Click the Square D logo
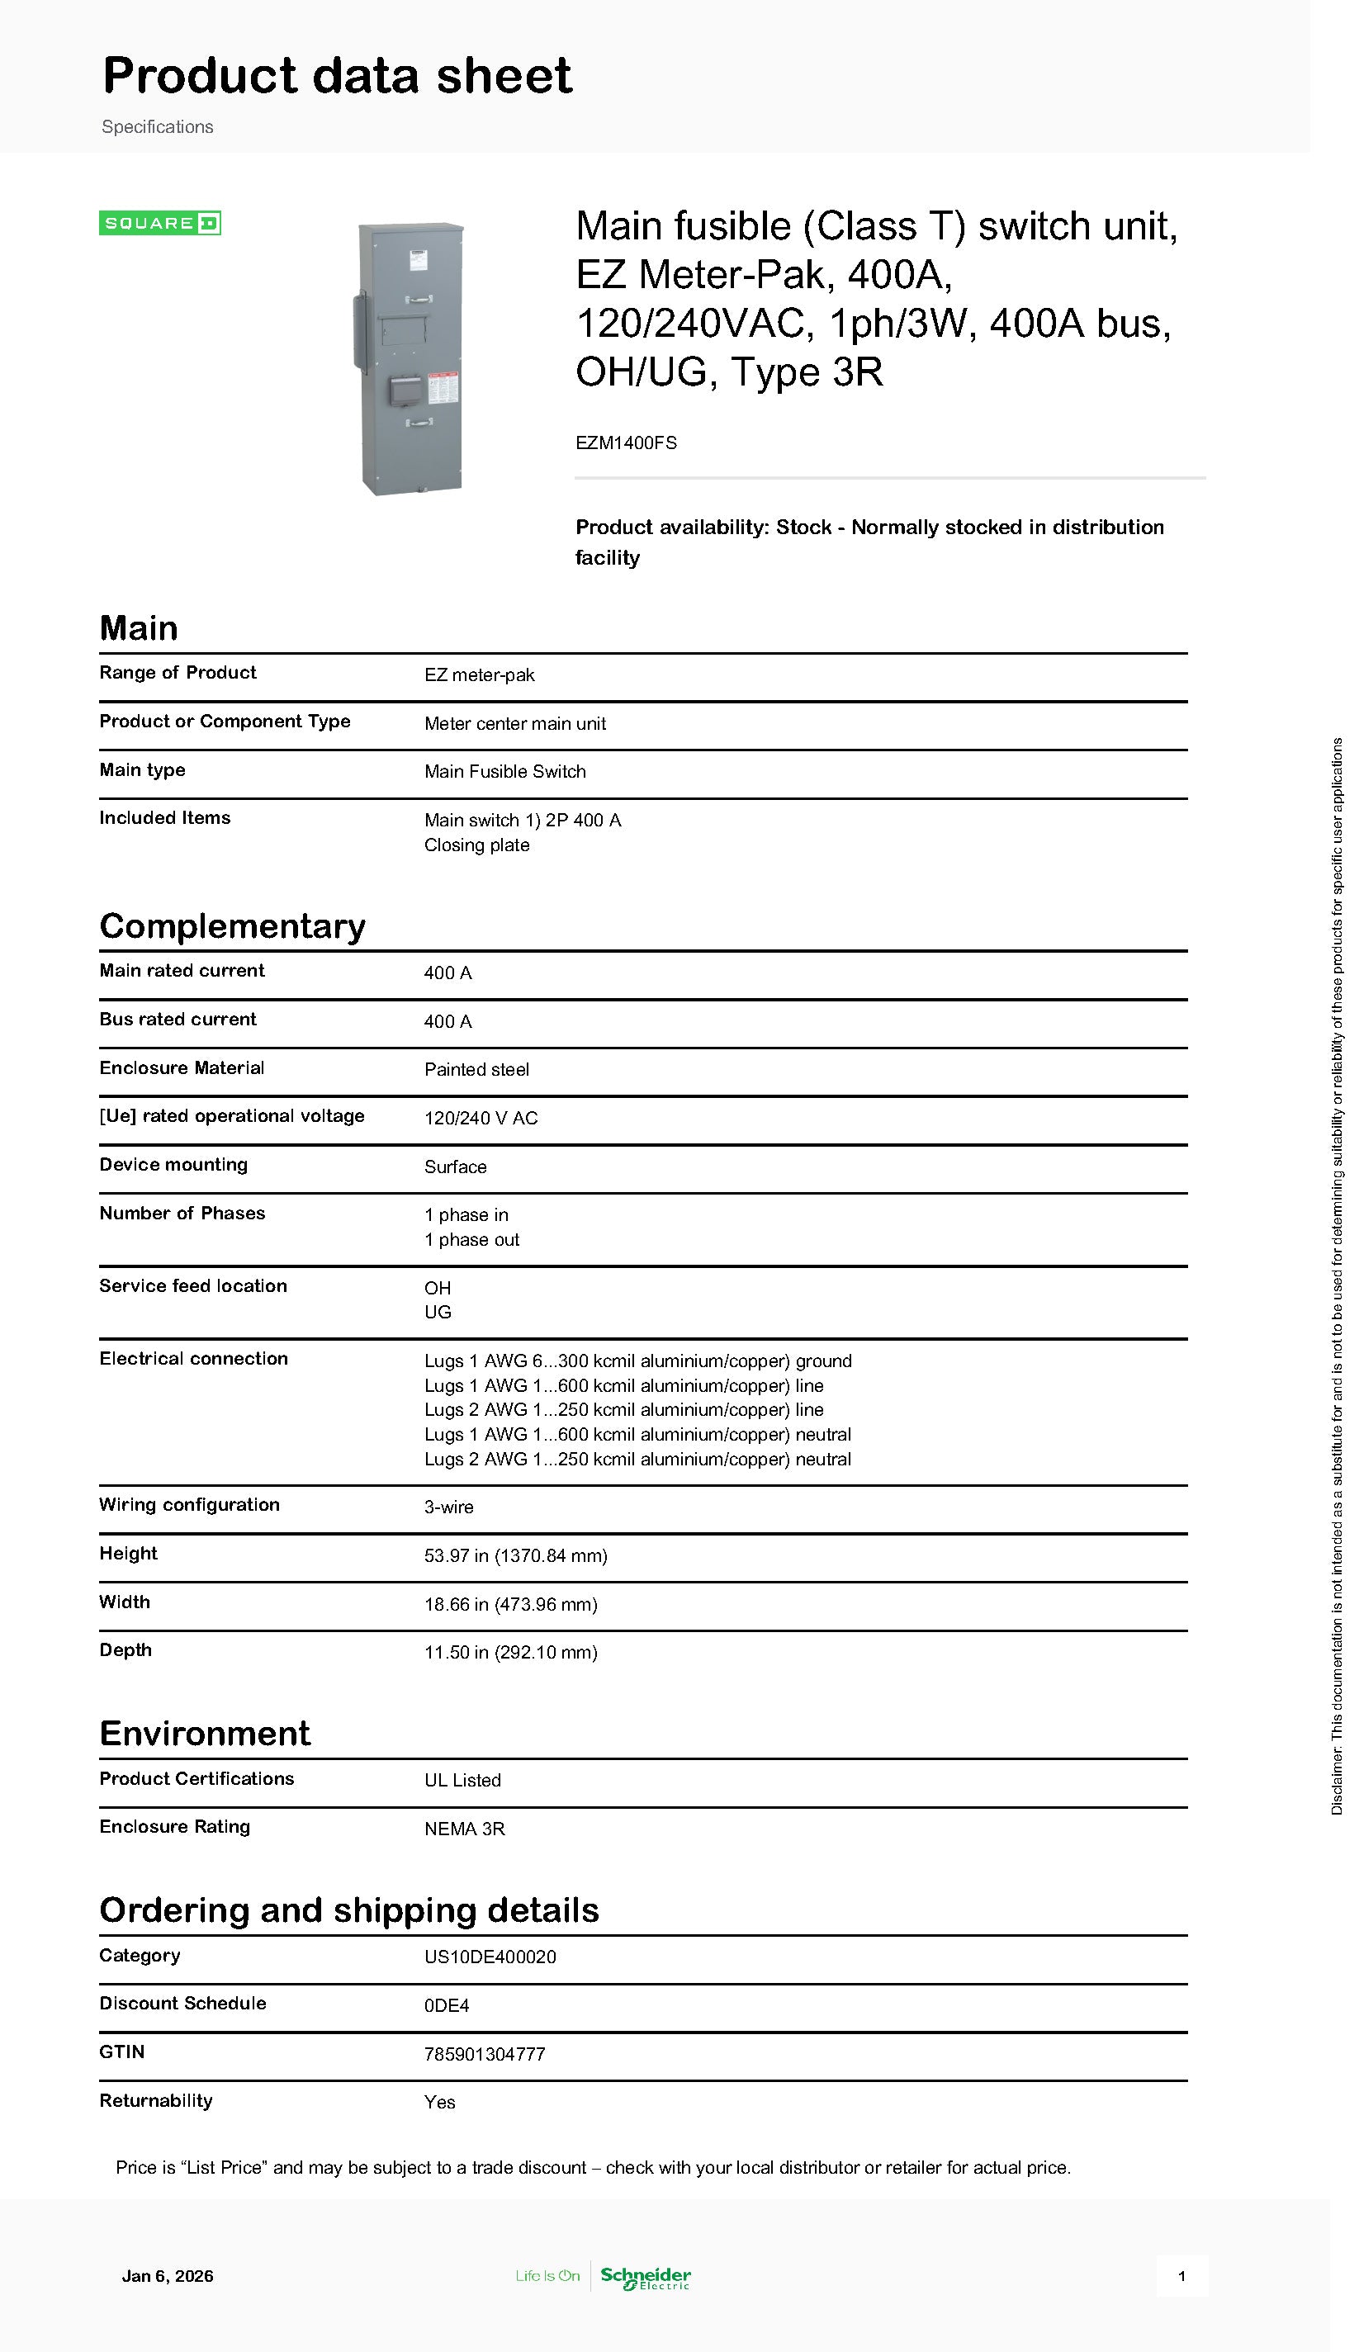click(x=159, y=223)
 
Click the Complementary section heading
click(x=232, y=925)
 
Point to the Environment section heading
click(x=205, y=1733)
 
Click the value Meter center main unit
click(x=514, y=723)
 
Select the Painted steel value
click(x=476, y=1069)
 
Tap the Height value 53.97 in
click(x=515, y=1555)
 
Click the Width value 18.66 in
click(x=510, y=1604)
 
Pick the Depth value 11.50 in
click(x=510, y=1652)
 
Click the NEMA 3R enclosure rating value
click(x=464, y=1829)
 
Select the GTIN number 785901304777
click(x=485, y=2053)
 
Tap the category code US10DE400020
click(x=490, y=1957)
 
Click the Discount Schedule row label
click(x=183, y=2003)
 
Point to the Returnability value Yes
click(x=439, y=2102)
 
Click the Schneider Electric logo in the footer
click(x=645, y=2278)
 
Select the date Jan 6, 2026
click(x=167, y=2276)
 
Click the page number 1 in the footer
click(x=1181, y=2276)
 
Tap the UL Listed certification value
click(x=462, y=1780)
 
